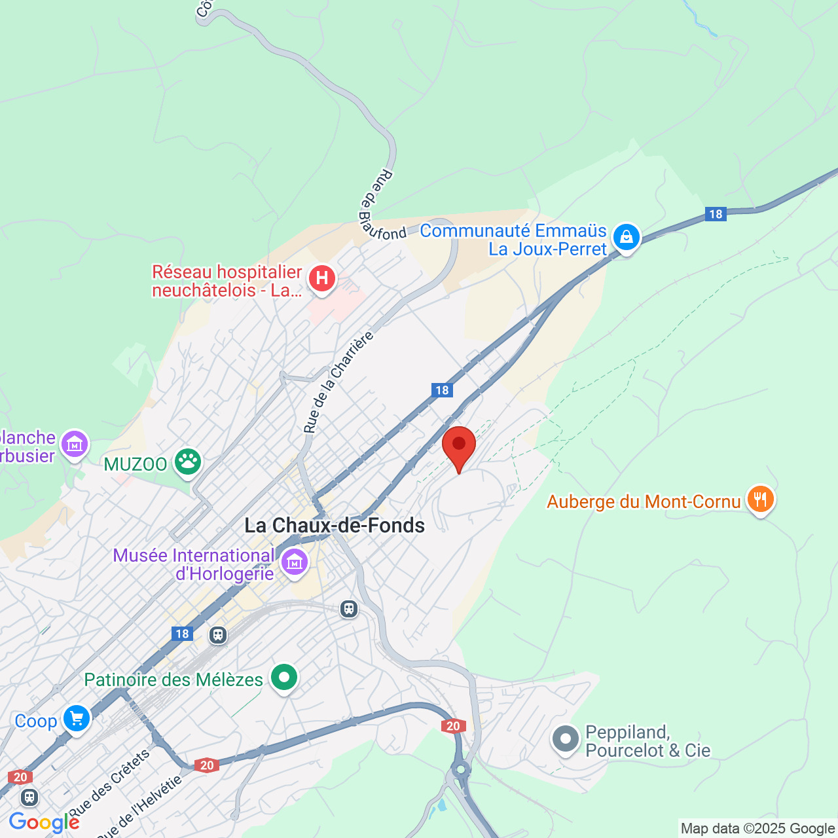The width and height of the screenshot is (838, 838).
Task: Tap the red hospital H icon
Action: click(321, 279)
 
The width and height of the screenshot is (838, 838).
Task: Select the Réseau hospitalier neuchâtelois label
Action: click(227, 281)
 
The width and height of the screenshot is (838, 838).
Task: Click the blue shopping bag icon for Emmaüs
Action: click(627, 238)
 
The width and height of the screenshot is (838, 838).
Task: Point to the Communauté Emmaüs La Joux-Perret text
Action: click(514, 240)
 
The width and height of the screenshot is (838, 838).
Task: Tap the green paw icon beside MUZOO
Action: click(188, 462)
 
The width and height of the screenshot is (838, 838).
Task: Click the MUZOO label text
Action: click(136, 464)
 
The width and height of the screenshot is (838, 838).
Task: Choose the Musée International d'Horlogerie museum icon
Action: click(295, 562)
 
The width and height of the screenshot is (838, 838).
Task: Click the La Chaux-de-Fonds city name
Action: click(335, 525)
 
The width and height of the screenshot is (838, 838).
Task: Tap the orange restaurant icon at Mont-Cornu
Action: click(760, 500)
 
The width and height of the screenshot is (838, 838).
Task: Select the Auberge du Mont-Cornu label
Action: click(644, 501)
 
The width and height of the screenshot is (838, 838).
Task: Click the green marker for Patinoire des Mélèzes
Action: click(284, 678)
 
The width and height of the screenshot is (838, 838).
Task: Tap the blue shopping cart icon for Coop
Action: click(77, 719)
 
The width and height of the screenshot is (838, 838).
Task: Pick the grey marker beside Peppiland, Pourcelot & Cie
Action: click(566, 740)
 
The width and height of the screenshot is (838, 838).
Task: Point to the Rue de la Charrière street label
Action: click(338, 382)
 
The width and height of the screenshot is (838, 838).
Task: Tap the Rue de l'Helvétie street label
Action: click(139, 807)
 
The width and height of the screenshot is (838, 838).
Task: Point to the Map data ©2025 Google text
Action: click(757, 829)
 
